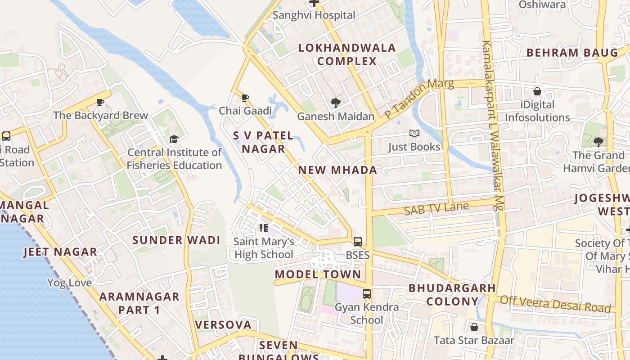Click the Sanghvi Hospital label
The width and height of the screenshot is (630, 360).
point(314,15)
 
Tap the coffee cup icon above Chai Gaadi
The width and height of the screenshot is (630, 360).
point(245,98)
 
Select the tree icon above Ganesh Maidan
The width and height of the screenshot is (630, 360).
point(335,103)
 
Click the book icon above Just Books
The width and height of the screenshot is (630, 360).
point(414,134)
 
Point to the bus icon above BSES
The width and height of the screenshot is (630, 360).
point(358,242)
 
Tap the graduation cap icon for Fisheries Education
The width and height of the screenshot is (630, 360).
point(174,139)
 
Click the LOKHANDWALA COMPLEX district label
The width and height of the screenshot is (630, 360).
point(347,54)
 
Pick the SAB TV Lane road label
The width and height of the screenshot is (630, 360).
point(436,208)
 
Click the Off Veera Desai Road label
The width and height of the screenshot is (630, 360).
point(555,303)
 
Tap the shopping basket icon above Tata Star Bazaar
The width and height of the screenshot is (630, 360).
point(474,327)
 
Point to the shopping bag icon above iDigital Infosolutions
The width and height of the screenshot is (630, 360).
point(537,91)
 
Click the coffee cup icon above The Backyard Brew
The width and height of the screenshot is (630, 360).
point(100,102)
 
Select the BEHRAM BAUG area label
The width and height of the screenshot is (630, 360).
point(566,53)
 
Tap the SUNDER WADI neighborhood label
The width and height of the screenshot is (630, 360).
point(176,240)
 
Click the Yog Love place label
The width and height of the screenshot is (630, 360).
point(69,283)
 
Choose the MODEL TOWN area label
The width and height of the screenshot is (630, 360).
point(318,274)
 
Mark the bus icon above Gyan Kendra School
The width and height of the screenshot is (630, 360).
point(367,294)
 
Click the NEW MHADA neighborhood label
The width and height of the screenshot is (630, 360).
point(337,170)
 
